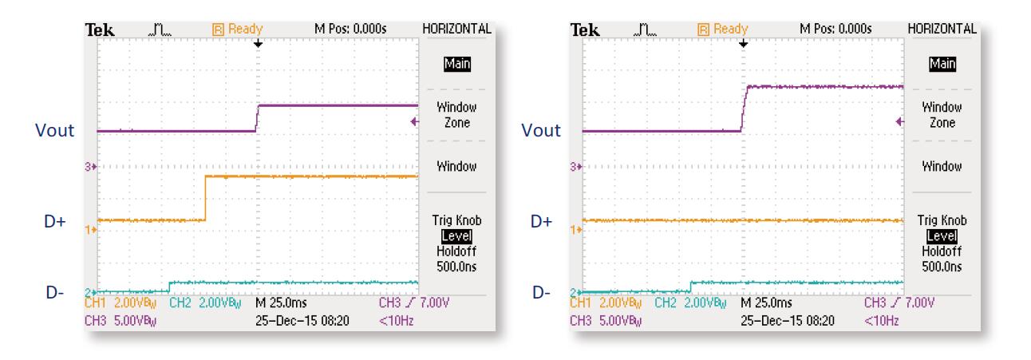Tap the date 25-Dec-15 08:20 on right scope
click(788, 320)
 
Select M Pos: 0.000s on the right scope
click(836, 30)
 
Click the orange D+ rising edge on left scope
click(206, 197)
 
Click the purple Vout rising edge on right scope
click(742, 109)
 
